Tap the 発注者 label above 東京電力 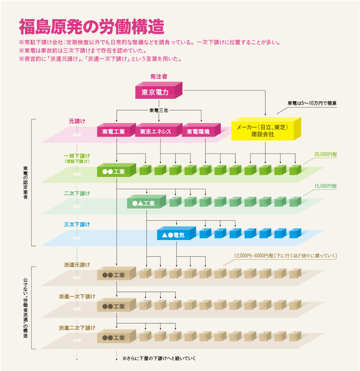158,76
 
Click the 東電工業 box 113,132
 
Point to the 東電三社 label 158,111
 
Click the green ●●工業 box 114,171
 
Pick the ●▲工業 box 144,203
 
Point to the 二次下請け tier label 77,193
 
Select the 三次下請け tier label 77,224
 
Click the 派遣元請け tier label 77,265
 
